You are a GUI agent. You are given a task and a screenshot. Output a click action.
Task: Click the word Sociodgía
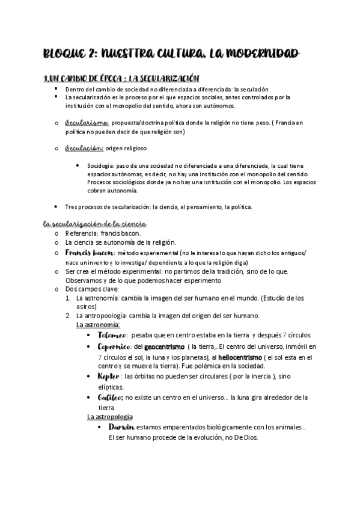101,165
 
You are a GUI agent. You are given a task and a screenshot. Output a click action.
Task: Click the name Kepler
109,376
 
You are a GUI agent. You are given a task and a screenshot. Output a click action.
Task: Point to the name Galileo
111,397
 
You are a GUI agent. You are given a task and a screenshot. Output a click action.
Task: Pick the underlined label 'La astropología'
109,417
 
